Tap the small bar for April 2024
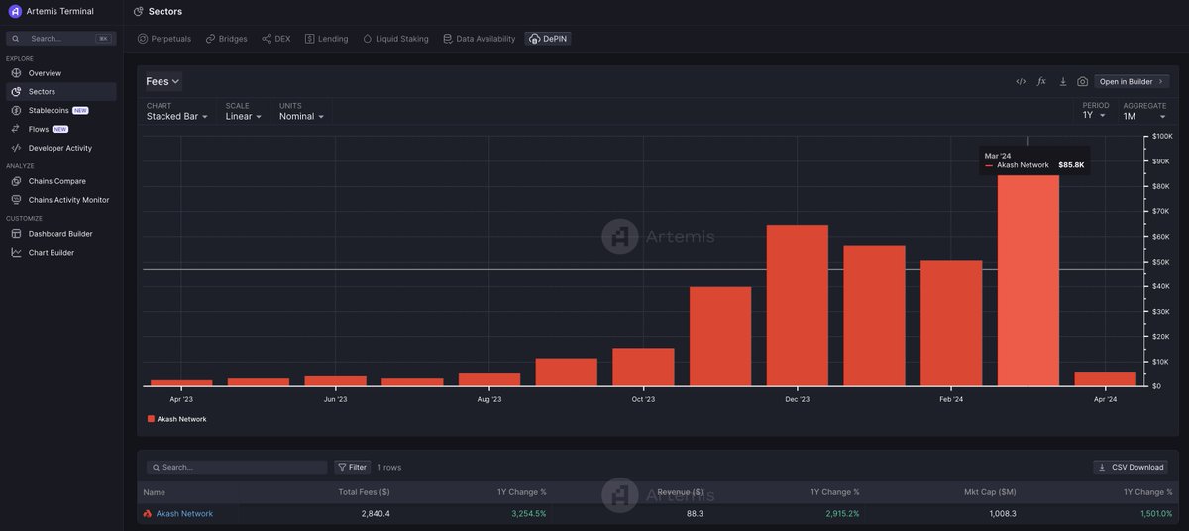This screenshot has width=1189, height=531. click(x=1105, y=379)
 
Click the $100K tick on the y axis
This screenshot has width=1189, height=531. click(x=1158, y=136)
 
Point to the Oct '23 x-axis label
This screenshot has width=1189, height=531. click(x=643, y=400)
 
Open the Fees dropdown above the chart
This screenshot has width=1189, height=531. click(x=162, y=81)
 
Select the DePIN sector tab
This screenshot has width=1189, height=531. click(x=549, y=39)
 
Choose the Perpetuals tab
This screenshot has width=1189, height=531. click(x=164, y=39)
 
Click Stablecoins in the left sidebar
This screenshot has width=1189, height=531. click(x=54, y=110)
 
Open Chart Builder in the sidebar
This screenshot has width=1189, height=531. click(x=51, y=253)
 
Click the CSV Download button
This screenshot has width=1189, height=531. click(x=1131, y=467)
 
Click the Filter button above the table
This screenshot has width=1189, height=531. click(x=352, y=467)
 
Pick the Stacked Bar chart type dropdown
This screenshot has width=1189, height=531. click(x=177, y=116)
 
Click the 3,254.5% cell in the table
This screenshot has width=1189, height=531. click(x=528, y=513)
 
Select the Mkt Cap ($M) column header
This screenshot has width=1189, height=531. click(x=990, y=492)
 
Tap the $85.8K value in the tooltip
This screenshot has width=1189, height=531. click(x=1070, y=165)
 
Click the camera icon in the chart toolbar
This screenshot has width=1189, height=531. click(x=1083, y=81)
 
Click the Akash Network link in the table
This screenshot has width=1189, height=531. click(x=184, y=513)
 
